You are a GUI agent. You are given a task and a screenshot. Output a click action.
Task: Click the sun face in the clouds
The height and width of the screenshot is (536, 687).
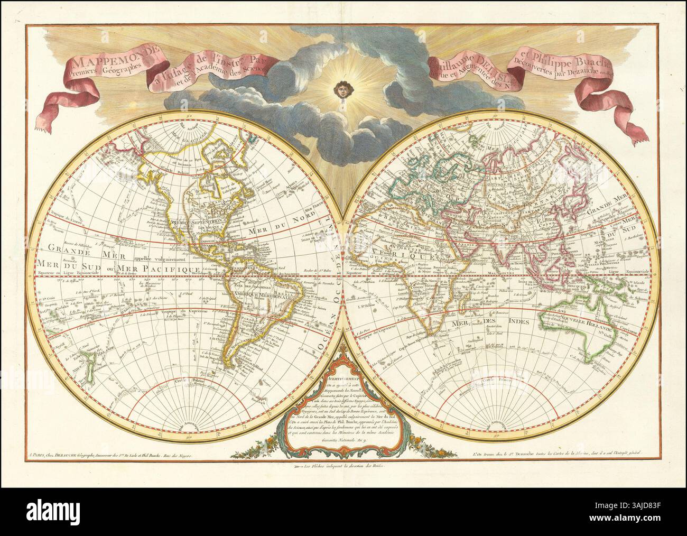[344, 90]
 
